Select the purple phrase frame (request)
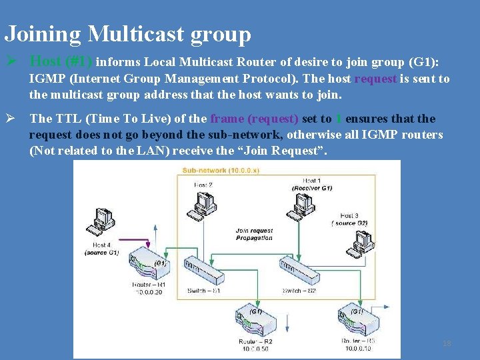click(x=255, y=119)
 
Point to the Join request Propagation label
click(x=254, y=234)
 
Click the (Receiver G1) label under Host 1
click(x=311, y=188)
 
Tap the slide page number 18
click(x=447, y=343)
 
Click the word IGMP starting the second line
click(x=46, y=79)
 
